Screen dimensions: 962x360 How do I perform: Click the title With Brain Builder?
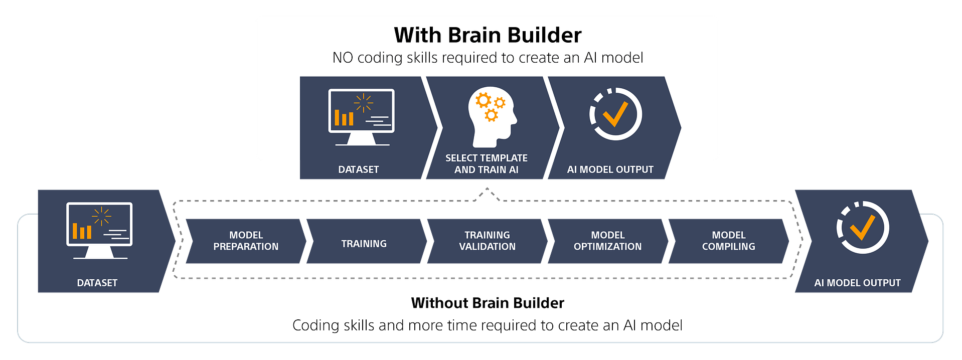[488, 35]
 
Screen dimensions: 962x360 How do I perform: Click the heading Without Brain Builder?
[488, 303]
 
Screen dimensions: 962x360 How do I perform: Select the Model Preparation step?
[246, 241]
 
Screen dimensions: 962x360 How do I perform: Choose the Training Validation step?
[487, 241]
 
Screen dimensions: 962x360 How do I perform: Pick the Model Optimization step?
[608, 241]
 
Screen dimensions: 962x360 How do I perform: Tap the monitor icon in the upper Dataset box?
[362, 117]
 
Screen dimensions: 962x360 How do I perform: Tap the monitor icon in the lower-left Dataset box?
[99, 231]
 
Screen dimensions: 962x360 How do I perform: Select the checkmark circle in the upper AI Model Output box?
[615, 114]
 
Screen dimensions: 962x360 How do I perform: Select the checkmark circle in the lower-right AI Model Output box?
[863, 228]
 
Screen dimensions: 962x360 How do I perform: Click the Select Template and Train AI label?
[487, 164]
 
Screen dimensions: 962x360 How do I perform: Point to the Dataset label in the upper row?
[359, 169]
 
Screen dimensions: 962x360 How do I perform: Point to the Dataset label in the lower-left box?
[97, 283]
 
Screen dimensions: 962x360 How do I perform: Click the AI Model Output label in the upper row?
[610, 169]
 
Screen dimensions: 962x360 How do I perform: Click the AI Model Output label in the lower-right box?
[858, 283]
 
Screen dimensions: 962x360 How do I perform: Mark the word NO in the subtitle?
[343, 58]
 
